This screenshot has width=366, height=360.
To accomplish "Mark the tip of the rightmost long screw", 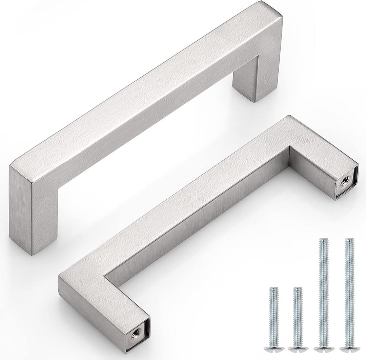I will click(x=349, y=240).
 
